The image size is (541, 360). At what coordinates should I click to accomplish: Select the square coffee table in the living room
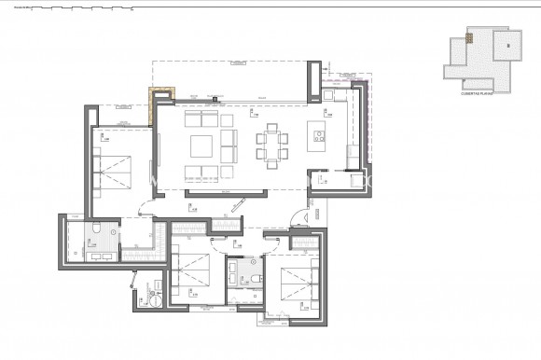pos(202,146)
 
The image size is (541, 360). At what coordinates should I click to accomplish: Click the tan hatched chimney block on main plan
pos(161,92)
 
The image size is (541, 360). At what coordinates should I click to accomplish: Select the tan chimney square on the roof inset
pos(471,38)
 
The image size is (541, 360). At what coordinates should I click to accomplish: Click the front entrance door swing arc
pos(297,217)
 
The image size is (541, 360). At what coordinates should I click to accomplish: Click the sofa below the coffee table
pos(201,172)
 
